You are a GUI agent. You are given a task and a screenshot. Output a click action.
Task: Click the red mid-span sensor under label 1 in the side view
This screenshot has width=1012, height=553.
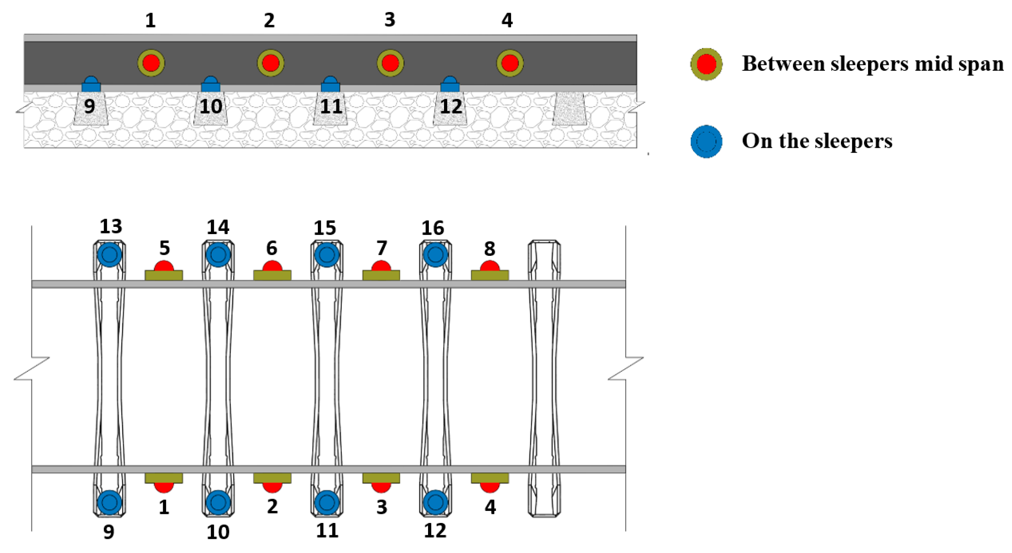point(151,63)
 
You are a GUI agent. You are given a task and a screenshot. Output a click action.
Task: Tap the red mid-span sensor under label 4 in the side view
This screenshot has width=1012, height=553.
point(510,63)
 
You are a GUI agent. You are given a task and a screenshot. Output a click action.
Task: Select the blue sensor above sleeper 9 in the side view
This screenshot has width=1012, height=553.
point(91,84)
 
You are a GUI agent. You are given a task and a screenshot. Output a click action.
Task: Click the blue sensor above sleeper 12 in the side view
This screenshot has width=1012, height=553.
point(450,84)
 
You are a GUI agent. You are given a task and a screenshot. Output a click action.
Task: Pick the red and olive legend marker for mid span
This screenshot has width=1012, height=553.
point(706,64)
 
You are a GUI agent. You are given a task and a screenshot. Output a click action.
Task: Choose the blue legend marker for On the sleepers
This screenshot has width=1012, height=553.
point(706,141)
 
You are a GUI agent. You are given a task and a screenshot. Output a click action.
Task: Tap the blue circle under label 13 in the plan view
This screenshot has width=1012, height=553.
point(109,254)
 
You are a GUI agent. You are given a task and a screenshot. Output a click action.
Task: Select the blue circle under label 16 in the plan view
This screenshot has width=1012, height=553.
point(435,254)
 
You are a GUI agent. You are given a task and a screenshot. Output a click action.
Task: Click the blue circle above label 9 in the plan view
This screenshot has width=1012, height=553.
point(109,502)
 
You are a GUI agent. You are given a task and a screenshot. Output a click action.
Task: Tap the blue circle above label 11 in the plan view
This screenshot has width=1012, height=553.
point(327,502)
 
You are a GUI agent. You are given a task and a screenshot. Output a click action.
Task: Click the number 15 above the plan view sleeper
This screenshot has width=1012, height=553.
point(324,228)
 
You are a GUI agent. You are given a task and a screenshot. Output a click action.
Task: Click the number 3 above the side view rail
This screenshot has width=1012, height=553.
point(389,20)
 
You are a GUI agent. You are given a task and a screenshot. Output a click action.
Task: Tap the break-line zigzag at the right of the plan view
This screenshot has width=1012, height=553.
point(625,369)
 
